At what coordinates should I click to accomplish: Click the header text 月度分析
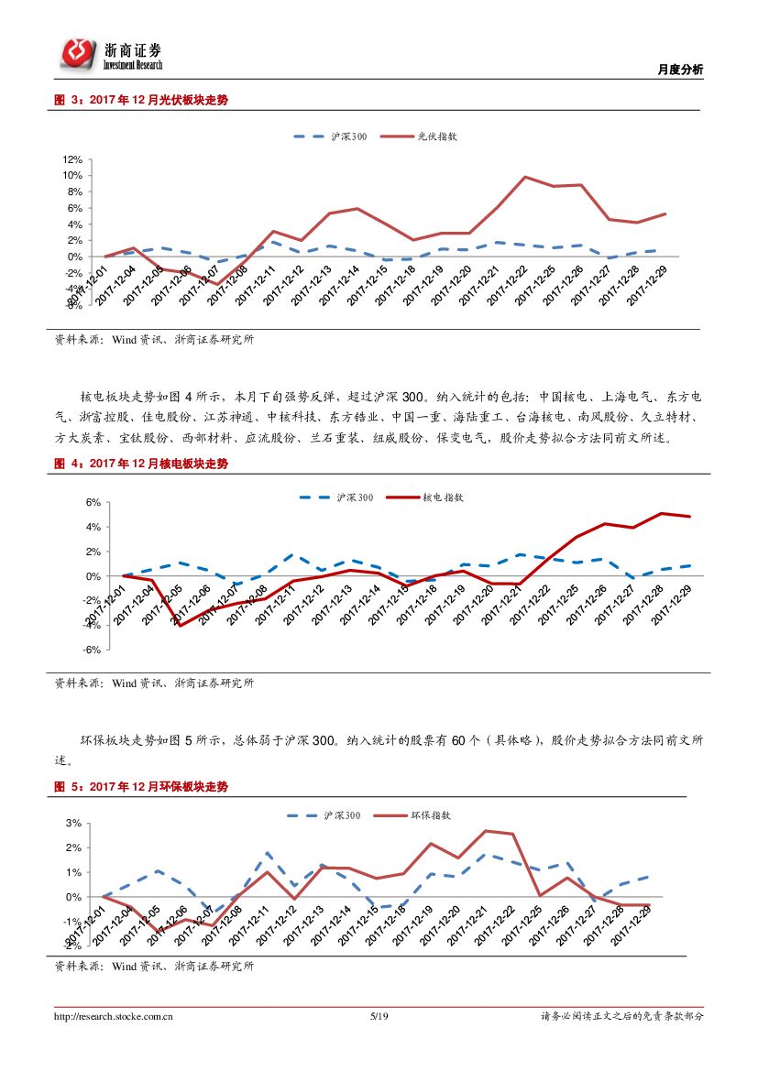681,70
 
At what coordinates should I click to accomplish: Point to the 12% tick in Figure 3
72,158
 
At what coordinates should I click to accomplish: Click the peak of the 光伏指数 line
524,177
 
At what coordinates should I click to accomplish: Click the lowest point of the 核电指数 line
180,626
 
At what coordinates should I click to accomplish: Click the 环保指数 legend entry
430,814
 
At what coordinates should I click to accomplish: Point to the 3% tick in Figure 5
74,823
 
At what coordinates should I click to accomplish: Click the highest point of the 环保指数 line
485,831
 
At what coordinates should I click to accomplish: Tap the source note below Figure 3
154,339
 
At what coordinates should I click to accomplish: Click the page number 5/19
379,1016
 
